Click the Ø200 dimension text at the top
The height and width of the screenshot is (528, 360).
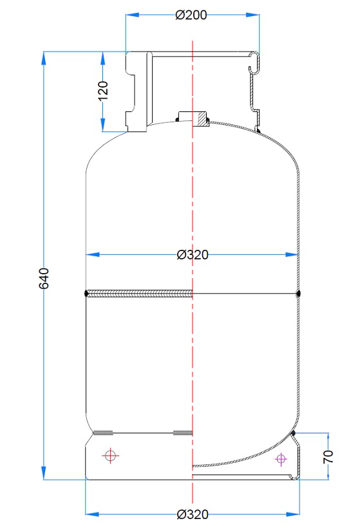191,15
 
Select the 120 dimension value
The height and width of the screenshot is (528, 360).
102,89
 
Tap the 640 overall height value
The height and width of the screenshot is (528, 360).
44,278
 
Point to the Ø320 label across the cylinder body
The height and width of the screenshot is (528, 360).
192,255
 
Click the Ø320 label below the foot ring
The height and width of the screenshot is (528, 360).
192,514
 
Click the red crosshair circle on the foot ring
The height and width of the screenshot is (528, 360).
111,456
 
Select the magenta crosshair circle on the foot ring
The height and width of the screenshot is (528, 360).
280,458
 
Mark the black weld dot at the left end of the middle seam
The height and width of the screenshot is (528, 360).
86,294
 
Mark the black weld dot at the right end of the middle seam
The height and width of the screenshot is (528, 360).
299,294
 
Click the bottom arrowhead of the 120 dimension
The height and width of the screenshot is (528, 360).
102,126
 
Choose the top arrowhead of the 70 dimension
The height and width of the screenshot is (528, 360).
328,437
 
